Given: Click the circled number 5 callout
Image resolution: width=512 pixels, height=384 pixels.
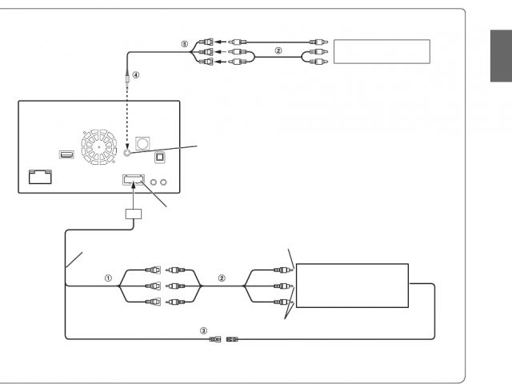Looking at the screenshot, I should pyautogui.click(x=184, y=45).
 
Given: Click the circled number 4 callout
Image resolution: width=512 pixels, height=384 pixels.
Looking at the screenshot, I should pyautogui.click(x=136, y=76).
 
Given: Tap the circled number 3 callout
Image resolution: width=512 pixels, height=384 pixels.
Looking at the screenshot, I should pyautogui.click(x=203, y=330).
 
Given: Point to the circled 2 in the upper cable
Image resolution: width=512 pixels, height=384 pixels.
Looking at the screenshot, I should pyautogui.click(x=278, y=50).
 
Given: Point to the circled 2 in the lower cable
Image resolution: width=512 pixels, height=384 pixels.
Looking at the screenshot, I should pyautogui.click(x=222, y=279).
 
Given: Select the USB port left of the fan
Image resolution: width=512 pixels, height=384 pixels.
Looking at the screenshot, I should pyautogui.click(x=66, y=154).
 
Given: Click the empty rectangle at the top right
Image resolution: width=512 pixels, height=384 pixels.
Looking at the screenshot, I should pyautogui.click(x=382, y=52).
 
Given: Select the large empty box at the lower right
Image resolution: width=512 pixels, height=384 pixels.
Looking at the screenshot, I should pyautogui.click(x=352, y=286).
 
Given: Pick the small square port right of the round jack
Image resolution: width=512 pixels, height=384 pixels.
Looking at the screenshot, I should pyautogui.click(x=158, y=158).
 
